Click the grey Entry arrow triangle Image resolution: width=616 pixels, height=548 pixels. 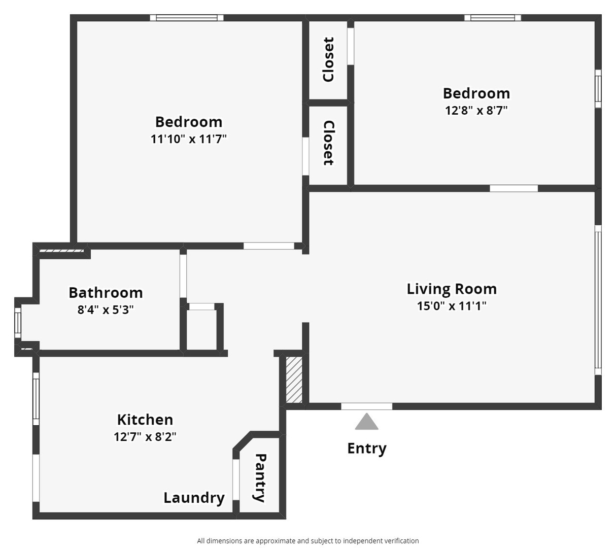pyautogui.click(x=366, y=422)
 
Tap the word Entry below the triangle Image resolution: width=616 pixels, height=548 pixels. pyautogui.click(x=366, y=448)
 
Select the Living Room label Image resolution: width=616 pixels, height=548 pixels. pyautogui.click(x=452, y=289)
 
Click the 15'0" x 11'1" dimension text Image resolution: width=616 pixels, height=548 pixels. pyautogui.click(x=452, y=305)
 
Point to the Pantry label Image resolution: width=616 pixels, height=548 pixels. pyautogui.click(x=260, y=477)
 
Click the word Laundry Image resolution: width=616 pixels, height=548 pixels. pyautogui.click(x=194, y=498)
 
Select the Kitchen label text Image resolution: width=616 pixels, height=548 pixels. pyautogui.click(x=145, y=420)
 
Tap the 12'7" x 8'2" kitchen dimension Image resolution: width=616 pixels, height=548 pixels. pyautogui.click(x=145, y=436)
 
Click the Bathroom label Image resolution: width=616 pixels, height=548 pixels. pyautogui.click(x=106, y=293)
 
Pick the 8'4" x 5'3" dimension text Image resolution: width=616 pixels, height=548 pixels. pyautogui.click(x=106, y=310)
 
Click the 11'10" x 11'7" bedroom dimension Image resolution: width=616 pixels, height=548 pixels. pyautogui.click(x=188, y=139)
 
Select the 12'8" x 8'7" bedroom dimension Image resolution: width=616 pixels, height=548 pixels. pyautogui.click(x=476, y=110)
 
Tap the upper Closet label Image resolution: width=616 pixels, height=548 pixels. pyautogui.click(x=328, y=59)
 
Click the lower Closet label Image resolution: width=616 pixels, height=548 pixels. pyautogui.click(x=328, y=143)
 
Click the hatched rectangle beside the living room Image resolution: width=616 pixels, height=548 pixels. pyautogui.click(x=294, y=380)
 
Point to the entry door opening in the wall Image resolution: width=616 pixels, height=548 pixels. pyautogui.click(x=366, y=406)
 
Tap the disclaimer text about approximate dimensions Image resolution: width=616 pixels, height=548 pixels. pyautogui.click(x=308, y=541)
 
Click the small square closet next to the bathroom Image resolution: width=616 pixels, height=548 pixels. pyautogui.click(x=201, y=329)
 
